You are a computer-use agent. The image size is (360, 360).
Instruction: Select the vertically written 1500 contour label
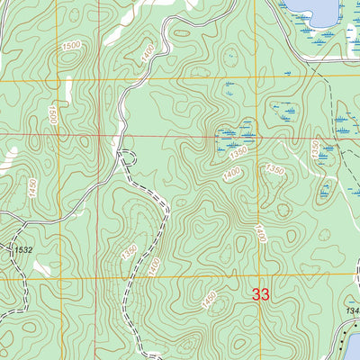(54, 115)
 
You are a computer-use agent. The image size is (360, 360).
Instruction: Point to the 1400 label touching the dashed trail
(155, 265)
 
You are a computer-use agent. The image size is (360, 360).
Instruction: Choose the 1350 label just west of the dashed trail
(128, 248)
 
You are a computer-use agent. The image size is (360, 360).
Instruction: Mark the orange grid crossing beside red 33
(255, 278)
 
